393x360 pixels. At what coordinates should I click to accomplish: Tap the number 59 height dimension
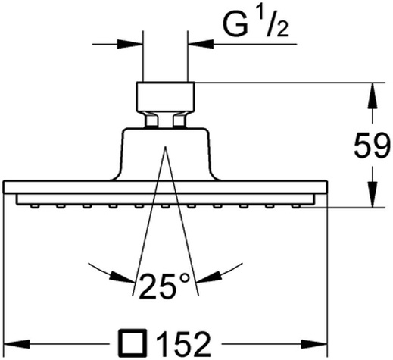point(370,146)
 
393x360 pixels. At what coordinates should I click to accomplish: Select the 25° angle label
point(164,286)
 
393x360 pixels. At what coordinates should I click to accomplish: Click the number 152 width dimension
point(183,344)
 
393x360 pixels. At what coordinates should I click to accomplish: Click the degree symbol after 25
point(185,278)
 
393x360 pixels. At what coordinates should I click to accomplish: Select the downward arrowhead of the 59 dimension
point(373,194)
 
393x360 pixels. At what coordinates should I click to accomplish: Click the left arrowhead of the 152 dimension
point(17,344)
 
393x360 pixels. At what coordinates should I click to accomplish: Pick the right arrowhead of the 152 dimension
point(314,344)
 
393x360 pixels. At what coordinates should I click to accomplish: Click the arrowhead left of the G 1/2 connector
point(130,44)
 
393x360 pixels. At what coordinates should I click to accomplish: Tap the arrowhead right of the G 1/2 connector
point(201,44)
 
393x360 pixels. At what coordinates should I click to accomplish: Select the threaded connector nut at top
point(165,96)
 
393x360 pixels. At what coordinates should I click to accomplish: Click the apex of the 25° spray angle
point(165,146)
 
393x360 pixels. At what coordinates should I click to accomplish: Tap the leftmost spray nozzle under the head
point(35,206)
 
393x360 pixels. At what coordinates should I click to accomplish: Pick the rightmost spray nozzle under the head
point(296,206)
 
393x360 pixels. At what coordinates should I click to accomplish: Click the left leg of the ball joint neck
point(151,120)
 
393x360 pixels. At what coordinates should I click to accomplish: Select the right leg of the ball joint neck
point(179,120)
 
